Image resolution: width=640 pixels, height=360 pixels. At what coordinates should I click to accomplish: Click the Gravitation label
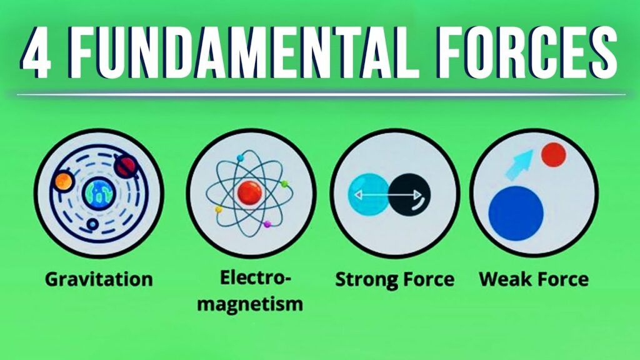coord(98,279)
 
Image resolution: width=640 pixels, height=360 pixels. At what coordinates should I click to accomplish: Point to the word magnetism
coord(252,304)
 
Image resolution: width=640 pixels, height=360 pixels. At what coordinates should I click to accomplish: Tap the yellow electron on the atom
coord(218,209)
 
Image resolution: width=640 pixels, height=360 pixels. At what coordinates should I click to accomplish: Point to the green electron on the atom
coord(284,184)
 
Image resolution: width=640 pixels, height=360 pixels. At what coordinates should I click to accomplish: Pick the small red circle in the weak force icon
coord(553,155)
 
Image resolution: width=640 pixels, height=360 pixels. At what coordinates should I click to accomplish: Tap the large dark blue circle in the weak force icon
coord(516,211)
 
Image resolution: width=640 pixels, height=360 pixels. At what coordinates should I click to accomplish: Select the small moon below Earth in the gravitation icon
coord(92,223)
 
